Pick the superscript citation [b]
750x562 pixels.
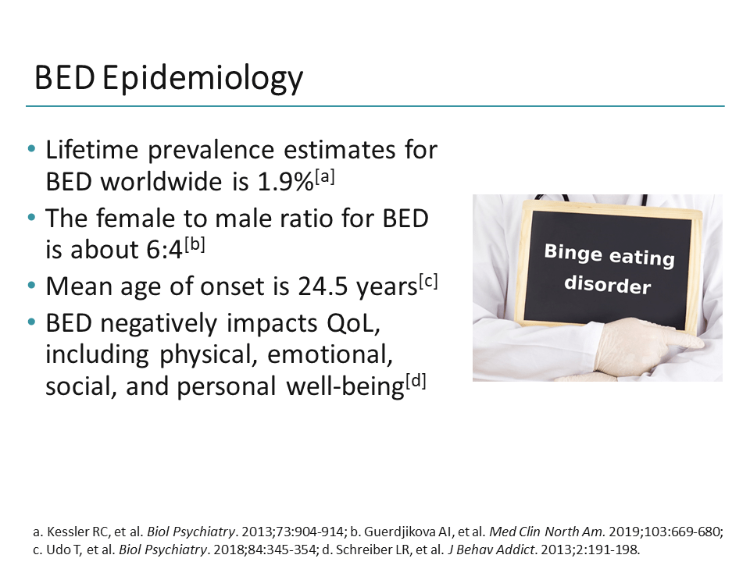(x=195, y=244)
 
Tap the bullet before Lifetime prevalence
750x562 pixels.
(x=31, y=149)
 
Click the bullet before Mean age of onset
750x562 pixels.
(x=31, y=286)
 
